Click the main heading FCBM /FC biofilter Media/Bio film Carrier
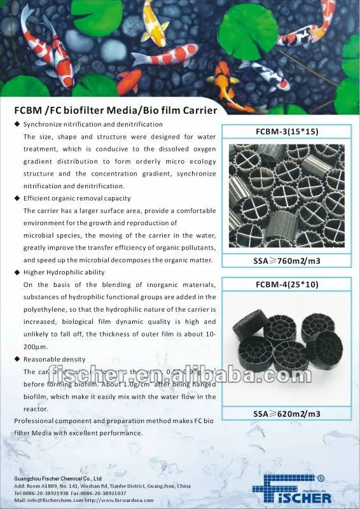[115, 110]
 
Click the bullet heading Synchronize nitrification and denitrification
[93, 124]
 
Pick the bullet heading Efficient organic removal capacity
[77, 199]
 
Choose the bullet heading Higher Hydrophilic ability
[65, 272]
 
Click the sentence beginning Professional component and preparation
[114, 421]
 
